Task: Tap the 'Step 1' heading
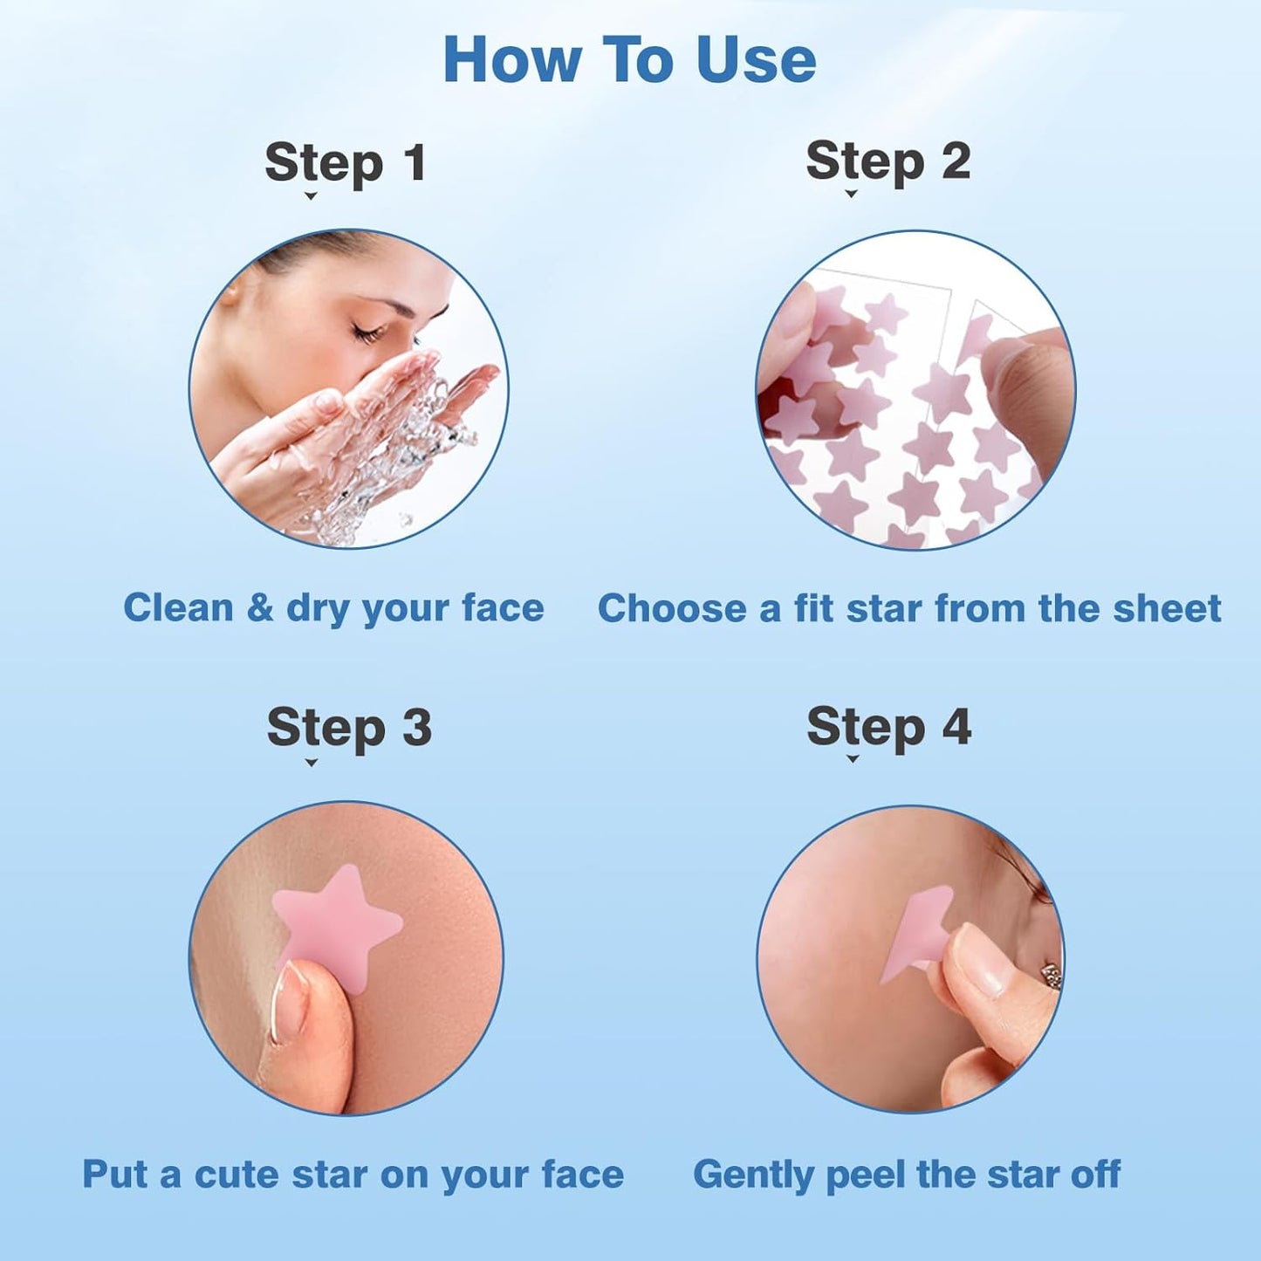pyautogui.click(x=346, y=163)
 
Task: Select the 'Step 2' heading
pyautogui.click(x=887, y=161)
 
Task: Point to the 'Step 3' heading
pyautogui.click(x=349, y=728)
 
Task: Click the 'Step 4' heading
pyautogui.click(x=888, y=727)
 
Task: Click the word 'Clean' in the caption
pyautogui.click(x=178, y=607)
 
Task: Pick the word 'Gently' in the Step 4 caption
pyautogui.click(x=753, y=1175)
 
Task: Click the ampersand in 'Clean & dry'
pyautogui.click(x=260, y=608)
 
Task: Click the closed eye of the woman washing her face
pyautogui.click(x=369, y=331)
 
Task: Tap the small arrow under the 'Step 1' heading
pyautogui.click(x=310, y=196)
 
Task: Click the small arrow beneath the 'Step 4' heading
pyautogui.click(x=853, y=759)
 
